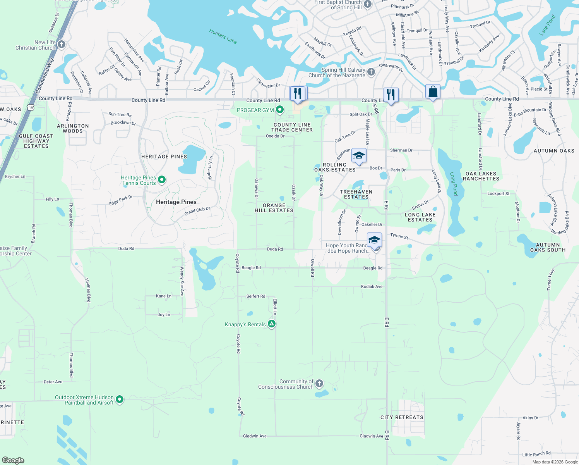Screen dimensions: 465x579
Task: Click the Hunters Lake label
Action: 223,36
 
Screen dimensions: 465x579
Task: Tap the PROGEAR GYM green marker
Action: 280,110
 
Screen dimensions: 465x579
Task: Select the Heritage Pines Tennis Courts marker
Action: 162,180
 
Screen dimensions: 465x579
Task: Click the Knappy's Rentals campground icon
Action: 272,324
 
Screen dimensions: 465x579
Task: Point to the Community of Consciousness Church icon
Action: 319,384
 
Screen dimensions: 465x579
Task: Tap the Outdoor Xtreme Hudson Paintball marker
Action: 120,399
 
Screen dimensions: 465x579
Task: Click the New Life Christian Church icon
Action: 61,45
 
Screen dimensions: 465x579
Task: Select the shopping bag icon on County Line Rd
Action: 433,92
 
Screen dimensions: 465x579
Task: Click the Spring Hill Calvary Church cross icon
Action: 371,72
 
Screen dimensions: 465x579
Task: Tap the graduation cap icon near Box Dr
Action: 359,156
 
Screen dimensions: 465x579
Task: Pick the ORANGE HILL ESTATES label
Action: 274,208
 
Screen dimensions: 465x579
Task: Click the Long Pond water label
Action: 454,184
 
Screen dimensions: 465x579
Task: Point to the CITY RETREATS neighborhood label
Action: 402,417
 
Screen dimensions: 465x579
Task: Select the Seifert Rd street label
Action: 256,296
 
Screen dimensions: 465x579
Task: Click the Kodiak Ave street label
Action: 372,286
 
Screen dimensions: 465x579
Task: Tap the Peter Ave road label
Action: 53,382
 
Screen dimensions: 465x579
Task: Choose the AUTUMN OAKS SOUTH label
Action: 548,247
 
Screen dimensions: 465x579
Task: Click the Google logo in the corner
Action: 13,460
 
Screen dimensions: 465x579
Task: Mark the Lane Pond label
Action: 548,25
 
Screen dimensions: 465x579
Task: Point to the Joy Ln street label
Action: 164,315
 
